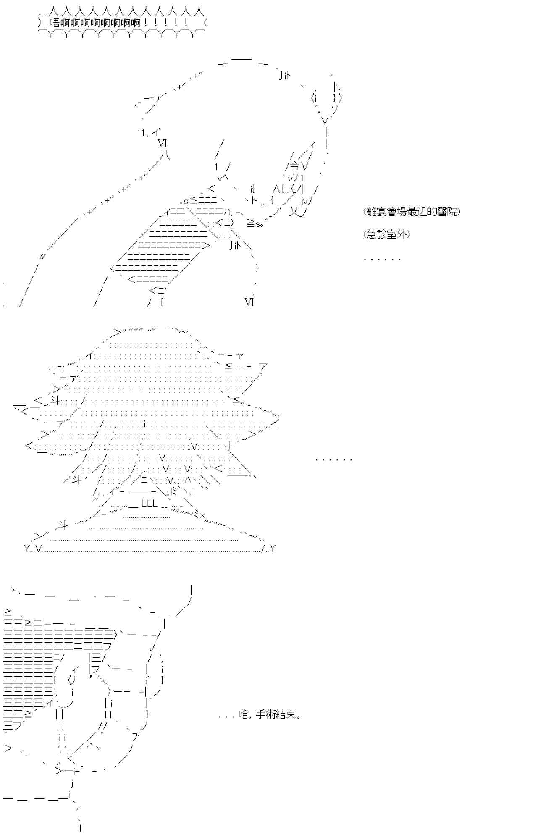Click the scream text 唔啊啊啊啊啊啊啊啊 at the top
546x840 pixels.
tap(94, 23)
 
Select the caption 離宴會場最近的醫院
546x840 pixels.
tap(412, 212)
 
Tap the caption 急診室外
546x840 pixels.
tap(386, 234)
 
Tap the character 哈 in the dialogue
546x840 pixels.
tap(243, 714)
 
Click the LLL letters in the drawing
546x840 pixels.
tap(150, 504)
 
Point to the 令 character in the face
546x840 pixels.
tap(295, 166)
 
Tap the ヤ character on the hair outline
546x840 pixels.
tap(240, 356)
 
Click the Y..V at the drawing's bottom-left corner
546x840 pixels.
tap(33, 549)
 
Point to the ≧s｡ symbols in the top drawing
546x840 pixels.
tap(255, 224)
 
